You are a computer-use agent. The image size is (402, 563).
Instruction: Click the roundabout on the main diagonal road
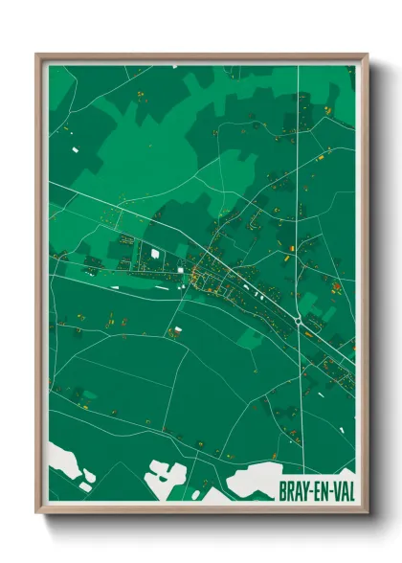(x=301, y=323)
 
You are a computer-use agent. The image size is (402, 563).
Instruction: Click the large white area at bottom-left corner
(x=67, y=461)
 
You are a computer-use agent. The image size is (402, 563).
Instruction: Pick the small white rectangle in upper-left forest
(x=74, y=149)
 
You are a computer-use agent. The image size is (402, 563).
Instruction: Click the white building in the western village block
(x=153, y=254)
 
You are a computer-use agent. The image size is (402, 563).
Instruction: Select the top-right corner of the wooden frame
(x=366, y=56)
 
